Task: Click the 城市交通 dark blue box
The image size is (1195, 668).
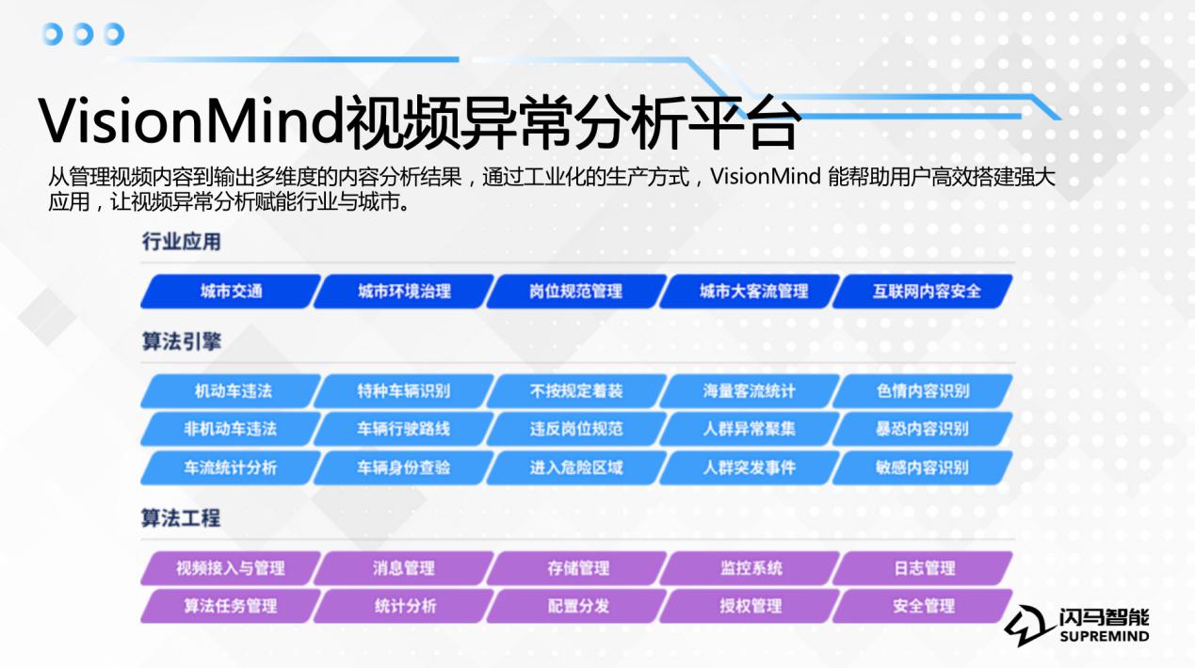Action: click(x=231, y=291)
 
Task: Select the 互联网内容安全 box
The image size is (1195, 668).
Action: click(x=923, y=291)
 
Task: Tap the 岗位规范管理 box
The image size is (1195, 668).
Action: click(x=576, y=291)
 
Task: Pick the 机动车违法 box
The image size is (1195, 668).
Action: click(x=231, y=390)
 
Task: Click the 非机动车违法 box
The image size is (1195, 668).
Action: click(x=231, y=429)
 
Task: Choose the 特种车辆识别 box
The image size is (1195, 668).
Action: click(x=403, y=390)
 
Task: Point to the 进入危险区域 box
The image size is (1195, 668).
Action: click(x=576, y=468)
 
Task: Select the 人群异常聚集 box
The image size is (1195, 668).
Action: click(x=750, y=429)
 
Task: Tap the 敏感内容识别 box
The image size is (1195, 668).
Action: click(x=923, y=468)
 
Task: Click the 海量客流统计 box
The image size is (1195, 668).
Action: click(x=750, y=390)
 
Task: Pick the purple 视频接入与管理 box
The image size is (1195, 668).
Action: click(x=231, y=567)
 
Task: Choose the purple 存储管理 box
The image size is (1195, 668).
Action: click(x=576, y=567)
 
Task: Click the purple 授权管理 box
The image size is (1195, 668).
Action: click(x=750, y=606)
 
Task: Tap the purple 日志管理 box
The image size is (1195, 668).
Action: click(x=923, y=567)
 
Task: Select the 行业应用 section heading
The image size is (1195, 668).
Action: click(x=181, y=242)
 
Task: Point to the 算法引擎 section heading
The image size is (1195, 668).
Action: click(x=181, y=342)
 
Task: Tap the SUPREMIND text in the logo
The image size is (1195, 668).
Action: click(x=1105, y=636)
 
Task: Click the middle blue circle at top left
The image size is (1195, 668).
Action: click(x=83, y=34)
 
